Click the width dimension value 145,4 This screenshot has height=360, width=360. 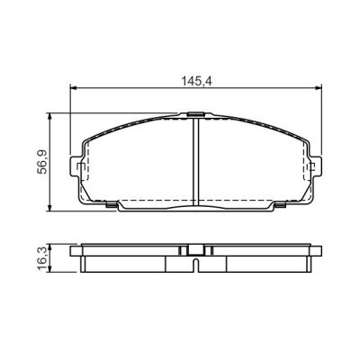click(196, 80)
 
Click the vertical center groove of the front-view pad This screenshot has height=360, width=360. click(196, 162)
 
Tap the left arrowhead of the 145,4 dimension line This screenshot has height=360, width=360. click(74, 88)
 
